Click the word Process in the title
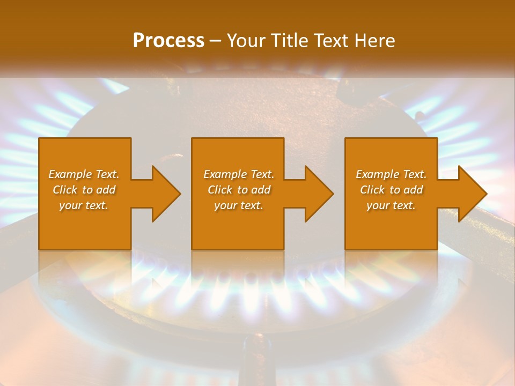[x=168, y=41]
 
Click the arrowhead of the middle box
[x=319, y=194]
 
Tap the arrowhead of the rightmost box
[x=472, y=194]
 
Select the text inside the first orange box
[x=84, y=190]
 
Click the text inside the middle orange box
[x=238, y=190]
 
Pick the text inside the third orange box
[x=391, y=190]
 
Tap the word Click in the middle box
[x=220, y=190]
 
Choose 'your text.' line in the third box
[x=391, y=205]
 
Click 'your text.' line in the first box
[x=84, y=205]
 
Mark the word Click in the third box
[x=373, y=190]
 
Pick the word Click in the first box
[x=65, y=190]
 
